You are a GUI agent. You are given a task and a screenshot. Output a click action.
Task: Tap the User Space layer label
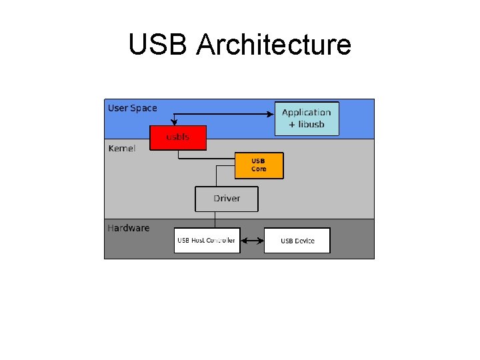click(x=132, y=108)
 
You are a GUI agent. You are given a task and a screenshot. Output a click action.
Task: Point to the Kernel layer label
click(x=121, y=148)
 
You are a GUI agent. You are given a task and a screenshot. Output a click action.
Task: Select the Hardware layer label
click(x=128, y=228)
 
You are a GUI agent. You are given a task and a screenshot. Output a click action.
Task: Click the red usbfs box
click(x=178, y=137)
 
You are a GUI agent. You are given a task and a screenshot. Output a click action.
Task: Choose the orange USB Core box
click(x=259, y=165)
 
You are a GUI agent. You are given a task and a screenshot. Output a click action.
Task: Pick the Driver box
click(x=227, y=199)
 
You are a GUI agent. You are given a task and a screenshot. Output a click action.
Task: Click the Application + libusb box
click(x=307, y=118)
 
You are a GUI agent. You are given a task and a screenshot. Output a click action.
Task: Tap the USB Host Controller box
click(x=206, y=240)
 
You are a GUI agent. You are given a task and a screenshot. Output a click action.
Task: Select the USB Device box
click(x=297, y=240)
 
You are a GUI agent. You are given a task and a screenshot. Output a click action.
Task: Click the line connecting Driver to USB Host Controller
click(x=215, y=219)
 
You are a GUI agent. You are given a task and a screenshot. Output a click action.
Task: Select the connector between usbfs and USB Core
click(x=207, y=159)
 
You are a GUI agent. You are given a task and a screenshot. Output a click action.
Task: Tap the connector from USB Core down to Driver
click(x=216, y=176)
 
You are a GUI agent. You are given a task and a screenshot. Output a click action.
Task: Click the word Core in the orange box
click(x=259, y=169)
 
